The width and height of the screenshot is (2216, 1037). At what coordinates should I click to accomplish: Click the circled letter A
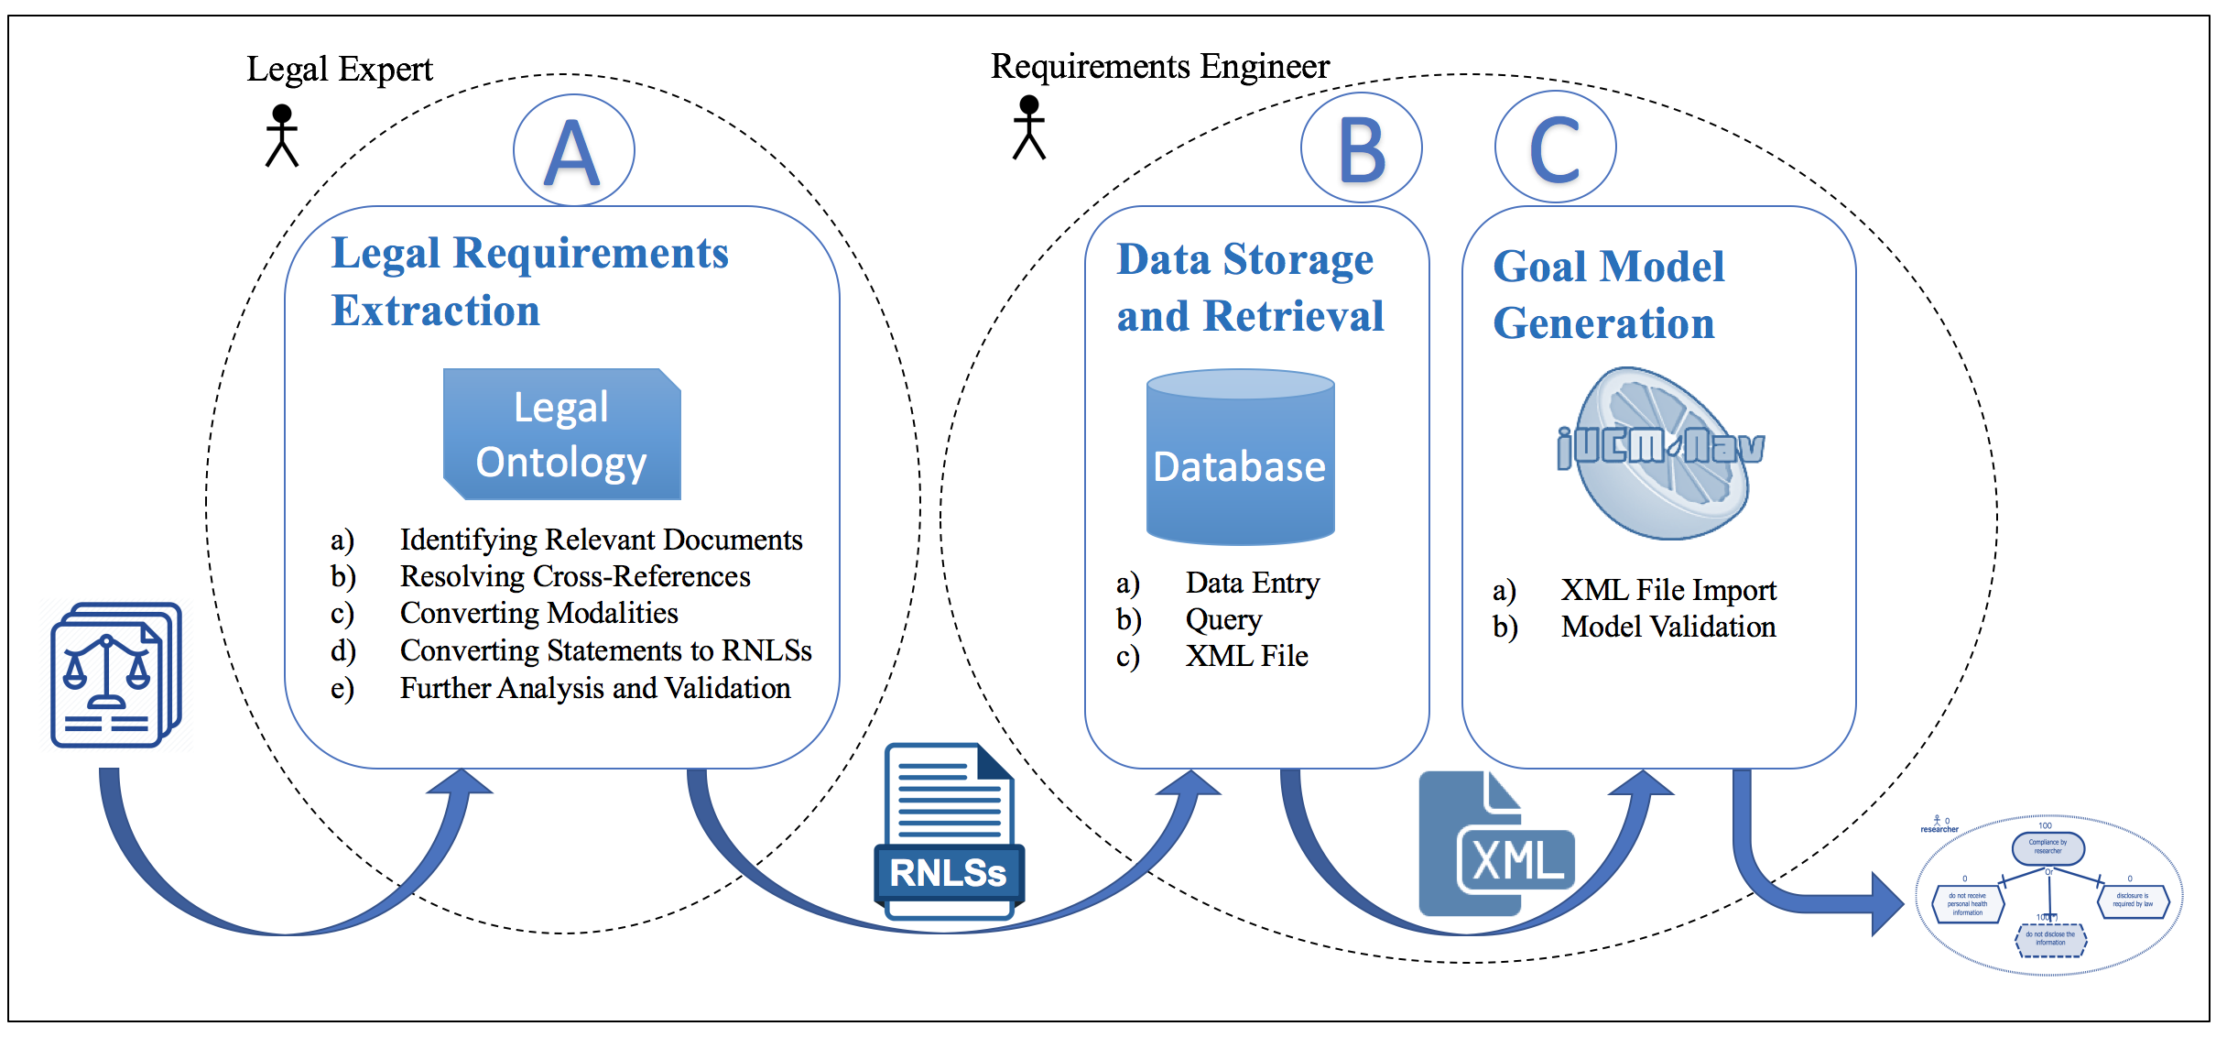pyautogui.click(x=573, y=151)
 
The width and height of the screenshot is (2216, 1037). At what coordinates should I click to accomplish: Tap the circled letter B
pyautogui.click(x=1361, y=149)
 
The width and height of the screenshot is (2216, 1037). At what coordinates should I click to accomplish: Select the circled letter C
pyautogui.click(x=1555, y=147)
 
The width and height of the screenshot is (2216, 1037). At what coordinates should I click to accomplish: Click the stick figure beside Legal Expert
pyautogui.click(x=282, y=136)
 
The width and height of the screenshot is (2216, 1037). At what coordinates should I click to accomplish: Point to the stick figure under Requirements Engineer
pyautogui.click(x=1029, y=127)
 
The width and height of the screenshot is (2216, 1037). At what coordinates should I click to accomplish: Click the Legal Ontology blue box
pyautogui.click(x=561, y=434)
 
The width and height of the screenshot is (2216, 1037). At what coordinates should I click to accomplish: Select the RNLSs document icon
pyautogui.click(x=950, y=830)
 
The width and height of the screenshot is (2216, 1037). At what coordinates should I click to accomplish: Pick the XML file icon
pyautogui.click(x=1494, y=844)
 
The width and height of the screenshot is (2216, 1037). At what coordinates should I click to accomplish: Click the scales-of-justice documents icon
pyautogui.click(x=115, y=675)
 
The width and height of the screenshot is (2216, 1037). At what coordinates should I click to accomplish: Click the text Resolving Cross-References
pyautogui.click(x=575, y=576)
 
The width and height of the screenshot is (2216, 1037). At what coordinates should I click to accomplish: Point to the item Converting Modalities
pyautogui.click(x=538, y=613)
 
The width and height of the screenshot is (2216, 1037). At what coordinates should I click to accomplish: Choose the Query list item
pyautogui.click(x=1223, y=620)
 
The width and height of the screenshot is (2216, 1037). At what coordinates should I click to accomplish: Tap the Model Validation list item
pyautogui.click(x=1667, y=628)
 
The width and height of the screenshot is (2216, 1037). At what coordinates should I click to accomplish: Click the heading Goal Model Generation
pyautogui.click(x=1608, y=295)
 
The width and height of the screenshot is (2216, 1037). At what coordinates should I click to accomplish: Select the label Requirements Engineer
pyautogui.click(x=1159, y=67)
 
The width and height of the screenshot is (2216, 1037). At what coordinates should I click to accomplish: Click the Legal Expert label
pyautogui.click(x=339, y=70)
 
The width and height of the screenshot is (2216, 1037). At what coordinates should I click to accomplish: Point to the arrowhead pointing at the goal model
pyautogui.click(x=1886, y=904)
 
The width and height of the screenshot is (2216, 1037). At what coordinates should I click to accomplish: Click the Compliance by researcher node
pyautogui.click(x=2048, y=847)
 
